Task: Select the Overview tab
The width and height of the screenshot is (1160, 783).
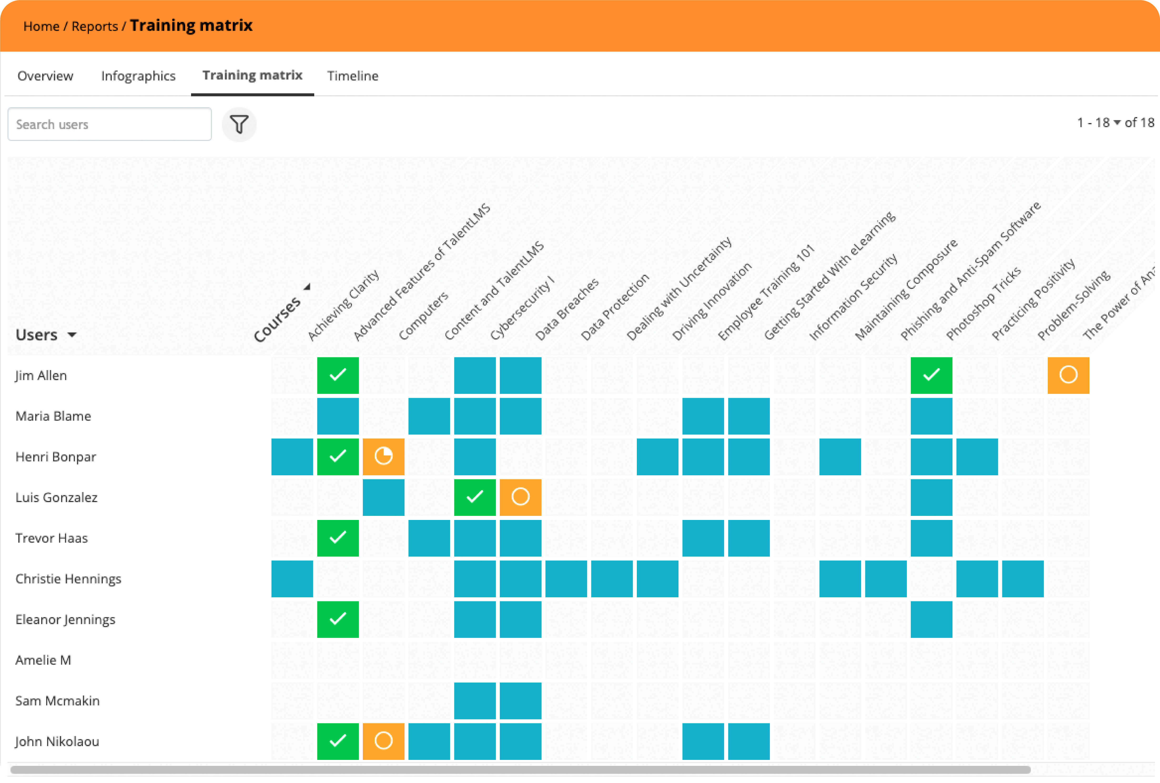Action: pyautogui.click(x=46, y=76)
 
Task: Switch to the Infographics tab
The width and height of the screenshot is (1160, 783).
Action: pyautogui.click(x=138, y=76)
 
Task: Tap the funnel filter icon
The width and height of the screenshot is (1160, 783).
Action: pyautogui.click(x=239, y=124)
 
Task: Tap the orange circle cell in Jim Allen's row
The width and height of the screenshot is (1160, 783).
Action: pyautogui.click(x=1068, y=375)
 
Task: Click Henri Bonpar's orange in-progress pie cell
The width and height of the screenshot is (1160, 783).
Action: pyautogui.click(x=383, y=456)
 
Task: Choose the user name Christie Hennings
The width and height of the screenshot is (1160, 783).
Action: pyautogui.click(x=68, y=579)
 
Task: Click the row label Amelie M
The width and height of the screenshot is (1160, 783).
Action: pyautogui.click(x=43, y=660)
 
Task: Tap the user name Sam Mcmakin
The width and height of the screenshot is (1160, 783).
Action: pyautogui.click(x=57, y=701)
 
